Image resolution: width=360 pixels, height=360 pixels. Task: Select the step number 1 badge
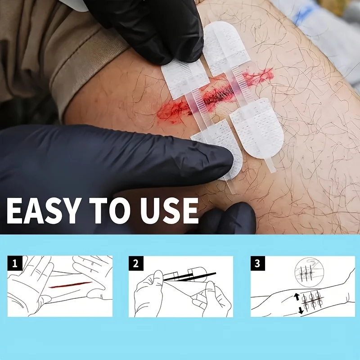coord(15,263)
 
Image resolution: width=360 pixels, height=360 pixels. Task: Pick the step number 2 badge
coord(136,263)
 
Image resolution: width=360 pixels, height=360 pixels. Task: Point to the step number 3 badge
coord(257,263)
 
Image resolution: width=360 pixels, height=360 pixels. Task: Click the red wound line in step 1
coord(70,285)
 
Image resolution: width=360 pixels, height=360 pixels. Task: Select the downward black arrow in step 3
coord(301,310)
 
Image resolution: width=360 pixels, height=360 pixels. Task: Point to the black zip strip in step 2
coord(189,276)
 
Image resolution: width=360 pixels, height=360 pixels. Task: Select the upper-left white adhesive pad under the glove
coord(185,78)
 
